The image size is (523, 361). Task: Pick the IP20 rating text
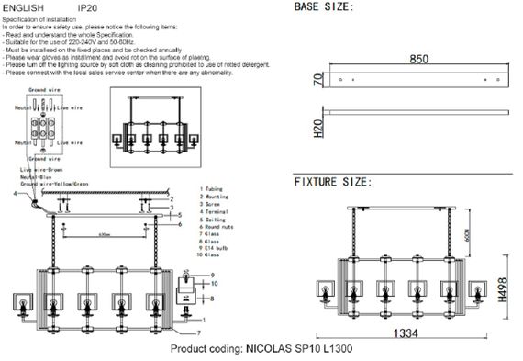[88, 6]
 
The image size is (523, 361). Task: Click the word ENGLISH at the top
[24, 6]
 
